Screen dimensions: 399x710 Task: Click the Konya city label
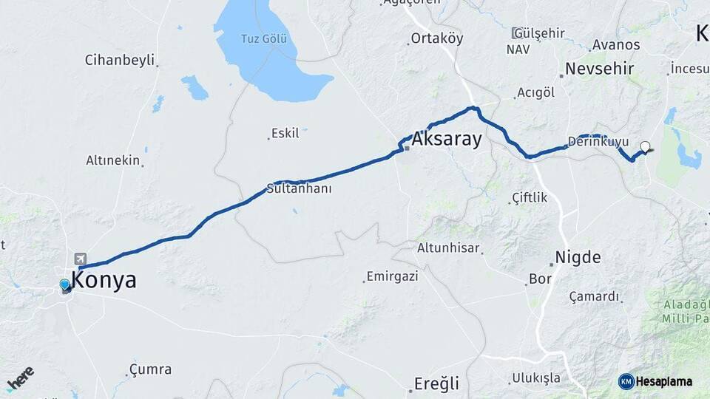104,281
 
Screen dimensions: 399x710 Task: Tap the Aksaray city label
447,139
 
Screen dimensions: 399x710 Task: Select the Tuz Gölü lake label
263,38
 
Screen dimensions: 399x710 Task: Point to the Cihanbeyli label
119,60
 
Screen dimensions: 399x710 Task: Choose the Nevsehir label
599,69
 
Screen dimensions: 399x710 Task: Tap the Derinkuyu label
598,141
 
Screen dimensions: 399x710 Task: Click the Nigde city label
578,258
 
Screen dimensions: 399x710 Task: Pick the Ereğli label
436,383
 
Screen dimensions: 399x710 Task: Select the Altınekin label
112,160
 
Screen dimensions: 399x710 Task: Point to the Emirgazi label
393,276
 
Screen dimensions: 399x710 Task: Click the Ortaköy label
436,38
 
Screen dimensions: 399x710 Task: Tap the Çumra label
150,369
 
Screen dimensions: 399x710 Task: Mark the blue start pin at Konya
65,284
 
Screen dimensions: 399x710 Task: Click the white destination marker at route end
645,146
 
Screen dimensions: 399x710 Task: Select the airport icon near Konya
80,259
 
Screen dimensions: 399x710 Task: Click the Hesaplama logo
655,381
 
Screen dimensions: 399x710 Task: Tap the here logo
21,378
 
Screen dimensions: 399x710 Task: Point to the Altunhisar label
448,248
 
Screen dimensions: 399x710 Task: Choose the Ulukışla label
536,378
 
